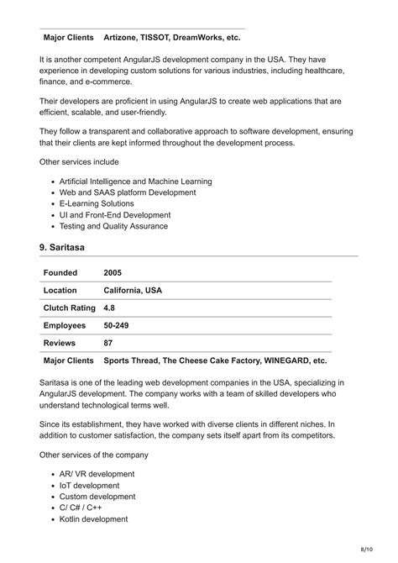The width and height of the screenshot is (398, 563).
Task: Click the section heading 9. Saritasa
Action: click(62, 247)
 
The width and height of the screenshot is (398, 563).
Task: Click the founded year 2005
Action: click(113, 272)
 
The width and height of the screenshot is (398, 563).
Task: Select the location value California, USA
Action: click(133, 290)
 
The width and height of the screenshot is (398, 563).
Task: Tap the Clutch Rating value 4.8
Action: click(110, 308)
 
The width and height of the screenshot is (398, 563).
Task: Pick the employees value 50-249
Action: click(116, 325)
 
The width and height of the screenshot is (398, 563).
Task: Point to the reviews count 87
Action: click(108, 343)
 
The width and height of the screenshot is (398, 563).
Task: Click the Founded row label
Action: click(60, 272)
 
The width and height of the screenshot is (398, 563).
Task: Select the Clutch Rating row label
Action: click(70, 308)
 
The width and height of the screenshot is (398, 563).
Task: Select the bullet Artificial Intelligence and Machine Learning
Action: click(135, 182)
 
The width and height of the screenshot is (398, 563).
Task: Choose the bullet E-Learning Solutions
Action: click(97, 203)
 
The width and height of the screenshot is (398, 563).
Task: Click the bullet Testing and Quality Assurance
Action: click(113, 226)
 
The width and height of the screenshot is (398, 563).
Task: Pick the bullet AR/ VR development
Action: click(97, 474)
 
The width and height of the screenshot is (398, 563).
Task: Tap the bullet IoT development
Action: click(89, 485)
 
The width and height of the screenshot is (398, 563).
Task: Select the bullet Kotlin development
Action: click(93, 518)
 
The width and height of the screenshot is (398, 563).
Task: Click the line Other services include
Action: click(79, 161)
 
